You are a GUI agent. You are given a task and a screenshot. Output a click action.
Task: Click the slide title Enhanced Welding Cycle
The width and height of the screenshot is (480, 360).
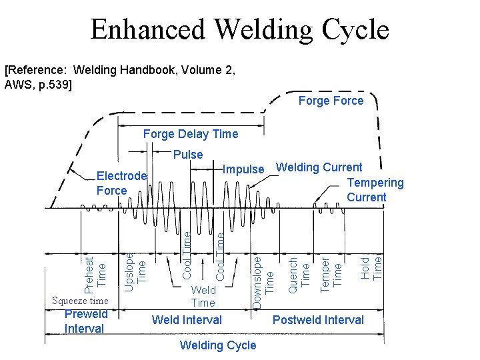coord(239,30)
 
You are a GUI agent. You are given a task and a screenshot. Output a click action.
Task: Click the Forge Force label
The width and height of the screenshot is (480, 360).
coord(331,101)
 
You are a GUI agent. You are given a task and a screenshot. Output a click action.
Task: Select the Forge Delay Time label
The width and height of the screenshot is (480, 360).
coord(191,134)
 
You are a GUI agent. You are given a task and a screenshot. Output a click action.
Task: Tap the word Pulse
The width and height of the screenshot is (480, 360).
coord(188,155)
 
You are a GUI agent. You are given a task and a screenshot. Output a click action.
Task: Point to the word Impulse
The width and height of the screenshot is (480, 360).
coord(243,169)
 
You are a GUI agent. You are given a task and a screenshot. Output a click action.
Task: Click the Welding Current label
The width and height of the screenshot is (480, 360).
coord(319,167)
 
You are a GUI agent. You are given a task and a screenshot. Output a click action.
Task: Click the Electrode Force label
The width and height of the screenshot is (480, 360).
coord(121,183)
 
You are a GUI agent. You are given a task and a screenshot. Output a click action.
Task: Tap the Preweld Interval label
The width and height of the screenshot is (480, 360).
coord(85,321)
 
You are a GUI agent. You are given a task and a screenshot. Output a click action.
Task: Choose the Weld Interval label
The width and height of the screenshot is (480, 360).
coord(187,320)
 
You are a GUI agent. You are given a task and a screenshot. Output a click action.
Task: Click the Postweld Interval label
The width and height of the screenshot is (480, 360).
coord(318,320)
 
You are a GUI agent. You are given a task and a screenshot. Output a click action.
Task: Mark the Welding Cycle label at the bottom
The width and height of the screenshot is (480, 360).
coord(218,345)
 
